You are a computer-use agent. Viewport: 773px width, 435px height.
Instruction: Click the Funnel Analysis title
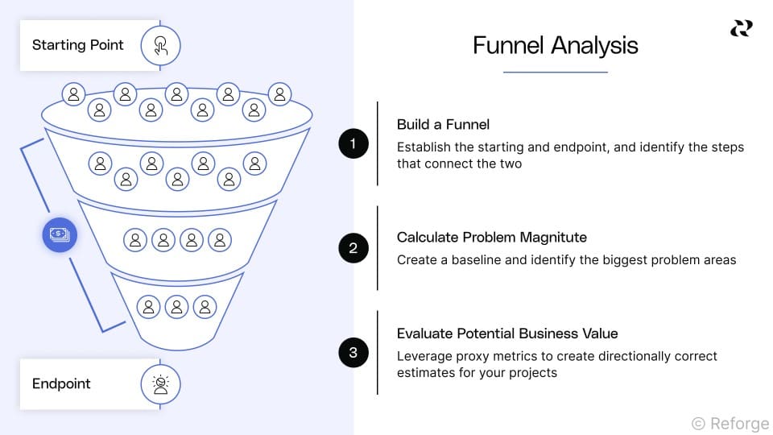555,45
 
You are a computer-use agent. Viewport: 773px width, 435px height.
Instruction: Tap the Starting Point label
77,45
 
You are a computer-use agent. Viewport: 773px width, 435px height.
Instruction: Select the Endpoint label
61,383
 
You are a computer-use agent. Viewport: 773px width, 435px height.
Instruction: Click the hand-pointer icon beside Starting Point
160,45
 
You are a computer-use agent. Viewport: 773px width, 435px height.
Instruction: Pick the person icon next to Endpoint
160,384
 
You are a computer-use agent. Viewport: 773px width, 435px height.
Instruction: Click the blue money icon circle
60,235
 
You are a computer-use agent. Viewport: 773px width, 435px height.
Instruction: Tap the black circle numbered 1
353,144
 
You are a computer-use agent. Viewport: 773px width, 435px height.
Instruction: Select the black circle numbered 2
353,248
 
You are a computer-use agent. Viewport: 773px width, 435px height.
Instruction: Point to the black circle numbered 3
353,352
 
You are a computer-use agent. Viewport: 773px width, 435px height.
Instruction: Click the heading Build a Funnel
443,125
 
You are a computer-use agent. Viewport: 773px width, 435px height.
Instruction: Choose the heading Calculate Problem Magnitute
491,238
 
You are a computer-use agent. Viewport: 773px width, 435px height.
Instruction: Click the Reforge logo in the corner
741,28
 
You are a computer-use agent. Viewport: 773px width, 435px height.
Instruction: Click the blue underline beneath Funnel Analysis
555,72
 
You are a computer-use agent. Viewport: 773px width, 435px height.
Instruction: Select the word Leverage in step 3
424,356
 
